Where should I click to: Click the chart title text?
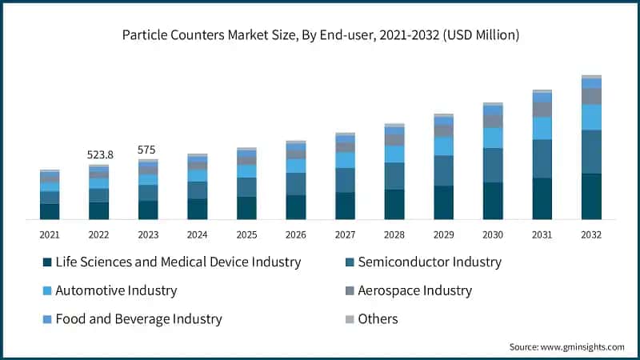[x=320, y=35]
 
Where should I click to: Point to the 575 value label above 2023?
[x=147, y=150]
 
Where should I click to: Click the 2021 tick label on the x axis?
[x=50, y=234]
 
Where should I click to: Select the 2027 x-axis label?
[x=345, y=234]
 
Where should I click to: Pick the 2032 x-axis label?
[x=591, y=234]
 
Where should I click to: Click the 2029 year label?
[x=443, y=234]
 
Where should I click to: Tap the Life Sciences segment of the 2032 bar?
[x=591, y=196]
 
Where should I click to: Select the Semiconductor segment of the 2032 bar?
[x=591, y=151]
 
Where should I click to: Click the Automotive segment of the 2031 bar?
[x=542, y=128]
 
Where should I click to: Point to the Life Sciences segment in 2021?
[x=50, y=211]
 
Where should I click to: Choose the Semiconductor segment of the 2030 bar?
[x=493, y=165]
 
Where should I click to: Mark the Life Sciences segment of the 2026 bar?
[x=296, y=207]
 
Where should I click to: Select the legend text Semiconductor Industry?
[x=430, y=262]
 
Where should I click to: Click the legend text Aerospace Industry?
[x=414, y=291]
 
